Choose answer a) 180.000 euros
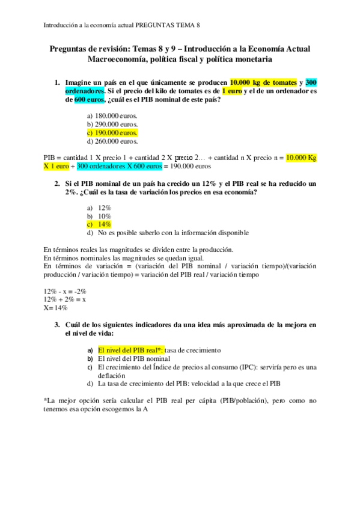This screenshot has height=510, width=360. click(x=113, y=116)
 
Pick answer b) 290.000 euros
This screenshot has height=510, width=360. click(x=113, y=124)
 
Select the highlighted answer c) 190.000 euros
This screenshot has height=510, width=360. click(x=112, y=133)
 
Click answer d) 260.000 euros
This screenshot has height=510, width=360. click(x=113, y=141)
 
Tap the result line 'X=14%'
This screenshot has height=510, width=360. click(x=55, y=308)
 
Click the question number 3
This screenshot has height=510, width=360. click(x=56, y=325)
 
